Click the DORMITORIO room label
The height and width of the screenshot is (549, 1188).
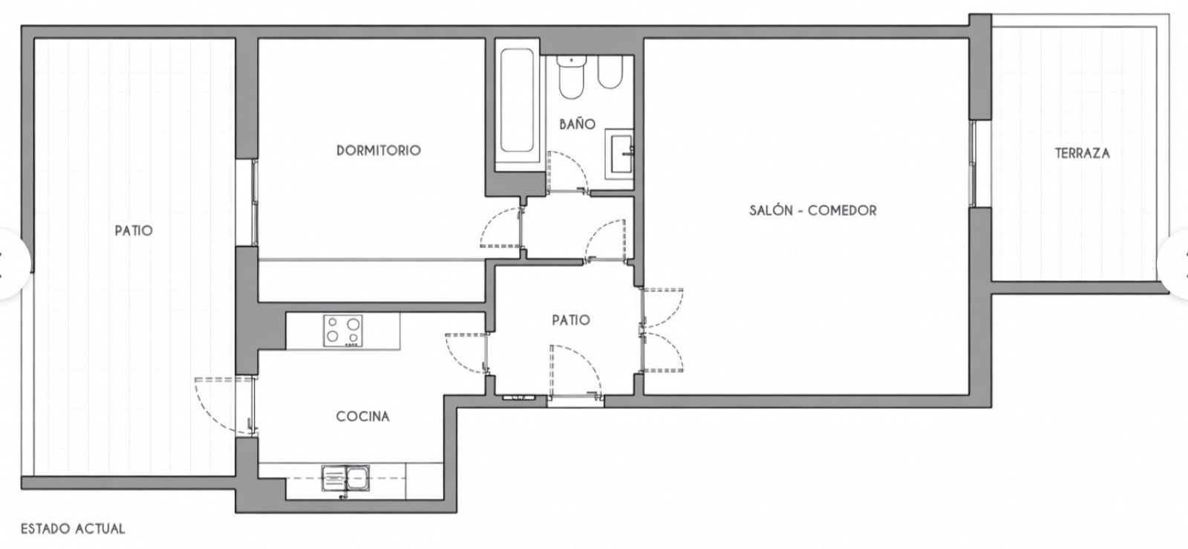pyautogui.click(x=378, y=150)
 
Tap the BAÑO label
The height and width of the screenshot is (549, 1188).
pyautogui.click(x=577, y=124)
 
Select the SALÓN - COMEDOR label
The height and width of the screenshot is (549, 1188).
pyautogui.click(x=812, y=210)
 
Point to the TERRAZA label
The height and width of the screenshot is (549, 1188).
pyautogui.click(x=1082, y=153)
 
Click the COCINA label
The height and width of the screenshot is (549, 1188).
pyautogui.click(x=362, y=416)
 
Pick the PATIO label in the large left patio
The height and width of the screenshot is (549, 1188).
pyautogui.click(x=134, y=230)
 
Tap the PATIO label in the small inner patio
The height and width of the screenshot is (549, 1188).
pyautogui.click(x=570, y=320)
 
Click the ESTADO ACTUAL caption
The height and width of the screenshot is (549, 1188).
pyautogui.click(x=73, y=529)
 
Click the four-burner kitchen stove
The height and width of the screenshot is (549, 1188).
pyautogui.click(x=343, y=331)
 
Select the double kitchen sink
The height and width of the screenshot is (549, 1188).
pyautogui.click(x=346, y=478)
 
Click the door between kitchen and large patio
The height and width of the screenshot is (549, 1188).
pyautogui.click(x=223, y=405)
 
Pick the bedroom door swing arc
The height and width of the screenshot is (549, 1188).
pyautogui.click(x=499, y=229)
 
